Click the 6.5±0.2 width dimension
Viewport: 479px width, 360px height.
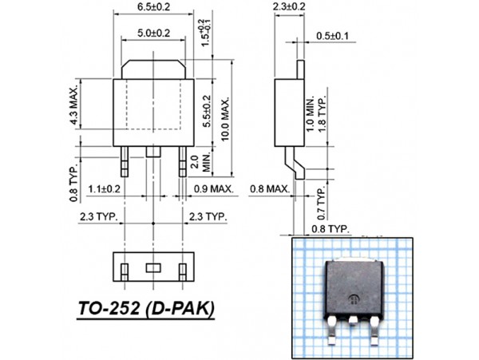click(154, 6)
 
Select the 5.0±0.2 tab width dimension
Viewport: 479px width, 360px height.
click(154, 33)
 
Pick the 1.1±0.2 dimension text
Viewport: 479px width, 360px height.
click(104, 189)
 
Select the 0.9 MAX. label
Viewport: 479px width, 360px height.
click(213, 189)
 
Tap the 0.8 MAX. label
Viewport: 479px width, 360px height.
click(268, 189)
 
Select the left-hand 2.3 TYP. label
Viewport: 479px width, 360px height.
click(98, 216)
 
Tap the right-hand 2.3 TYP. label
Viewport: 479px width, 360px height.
click(207, 216)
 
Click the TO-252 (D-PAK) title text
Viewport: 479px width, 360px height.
click(146, 307)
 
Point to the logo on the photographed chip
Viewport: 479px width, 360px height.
click(350, 301)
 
